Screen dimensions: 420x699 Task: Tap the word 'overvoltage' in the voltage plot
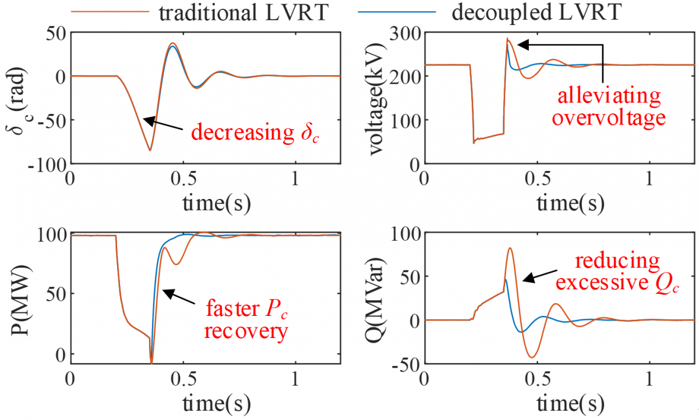pos(609,118)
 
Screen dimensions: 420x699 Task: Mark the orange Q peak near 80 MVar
pos(510,248)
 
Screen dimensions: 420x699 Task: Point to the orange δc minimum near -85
pos(150,151)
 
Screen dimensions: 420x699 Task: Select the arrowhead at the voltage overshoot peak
pos(520,44)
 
